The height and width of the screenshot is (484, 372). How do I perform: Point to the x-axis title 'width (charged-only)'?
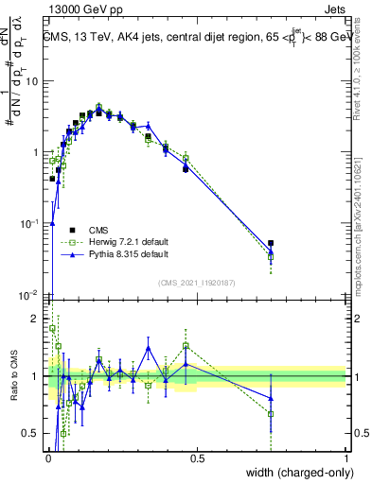293,474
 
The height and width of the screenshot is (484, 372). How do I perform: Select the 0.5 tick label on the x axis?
197,458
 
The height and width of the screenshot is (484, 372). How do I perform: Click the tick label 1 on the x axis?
345,458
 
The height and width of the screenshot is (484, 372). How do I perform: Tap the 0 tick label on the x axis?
48,458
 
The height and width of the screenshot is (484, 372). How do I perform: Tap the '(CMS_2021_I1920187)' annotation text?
196,282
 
